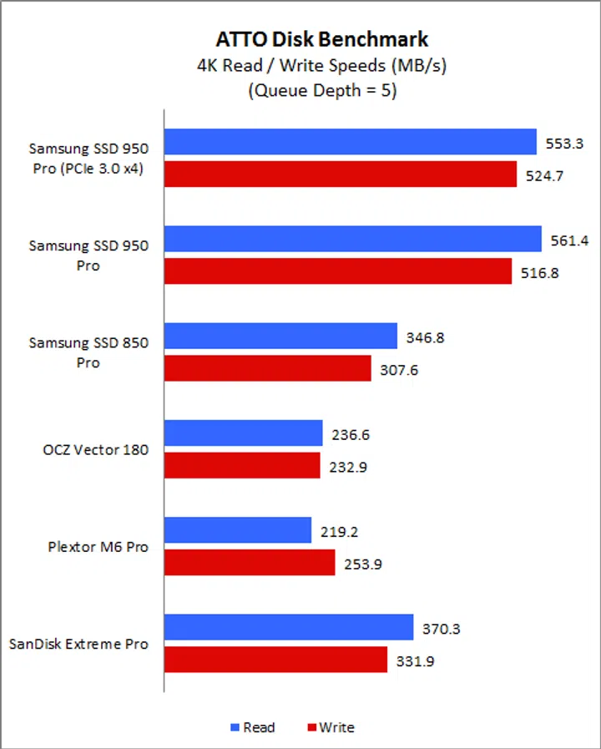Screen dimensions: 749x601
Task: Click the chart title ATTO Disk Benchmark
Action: [322, 39]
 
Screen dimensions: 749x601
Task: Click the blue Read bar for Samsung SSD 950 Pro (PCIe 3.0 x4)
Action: [350, 142]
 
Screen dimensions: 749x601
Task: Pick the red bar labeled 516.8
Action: [337, 271]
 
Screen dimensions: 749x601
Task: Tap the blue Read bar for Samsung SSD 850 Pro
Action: [280, 336]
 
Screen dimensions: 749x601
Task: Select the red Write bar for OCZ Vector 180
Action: [242, 465]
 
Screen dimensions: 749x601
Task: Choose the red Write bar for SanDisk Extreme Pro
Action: [275, 660]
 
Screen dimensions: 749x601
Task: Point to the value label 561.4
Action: [570, 240]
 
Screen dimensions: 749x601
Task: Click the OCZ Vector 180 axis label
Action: [95, 450]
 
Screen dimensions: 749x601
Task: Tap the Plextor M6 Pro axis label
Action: [98, 547]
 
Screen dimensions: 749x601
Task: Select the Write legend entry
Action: [331, 727]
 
